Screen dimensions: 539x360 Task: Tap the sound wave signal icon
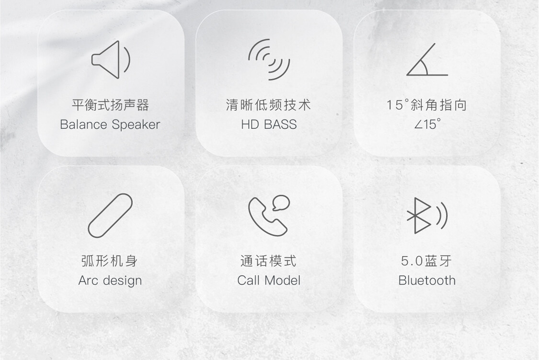[x=269, y=59]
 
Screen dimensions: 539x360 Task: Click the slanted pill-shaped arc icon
[x=110, y=215]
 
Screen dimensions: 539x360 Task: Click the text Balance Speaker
[x=110, y=124]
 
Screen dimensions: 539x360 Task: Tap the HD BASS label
[x=269, y=124]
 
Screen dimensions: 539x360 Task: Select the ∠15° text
[x=427, y=124]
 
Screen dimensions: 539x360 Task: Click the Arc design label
[x=110, y=281]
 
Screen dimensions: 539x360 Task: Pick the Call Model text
[x=269, y=281]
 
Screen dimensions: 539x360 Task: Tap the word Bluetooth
[x=427, y=281]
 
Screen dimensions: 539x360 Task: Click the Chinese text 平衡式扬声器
[x=110, y=105]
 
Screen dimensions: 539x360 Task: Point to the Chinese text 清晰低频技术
[x=268, y=105]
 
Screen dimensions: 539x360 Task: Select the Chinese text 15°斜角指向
[x=426, y=105]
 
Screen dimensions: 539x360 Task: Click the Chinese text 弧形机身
[x=110, y=261]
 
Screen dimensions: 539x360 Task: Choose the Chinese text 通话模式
[x=268, y=261]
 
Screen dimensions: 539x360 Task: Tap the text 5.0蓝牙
[x=426, y=261]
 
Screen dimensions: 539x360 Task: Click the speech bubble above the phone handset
[x=281, y=202]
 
